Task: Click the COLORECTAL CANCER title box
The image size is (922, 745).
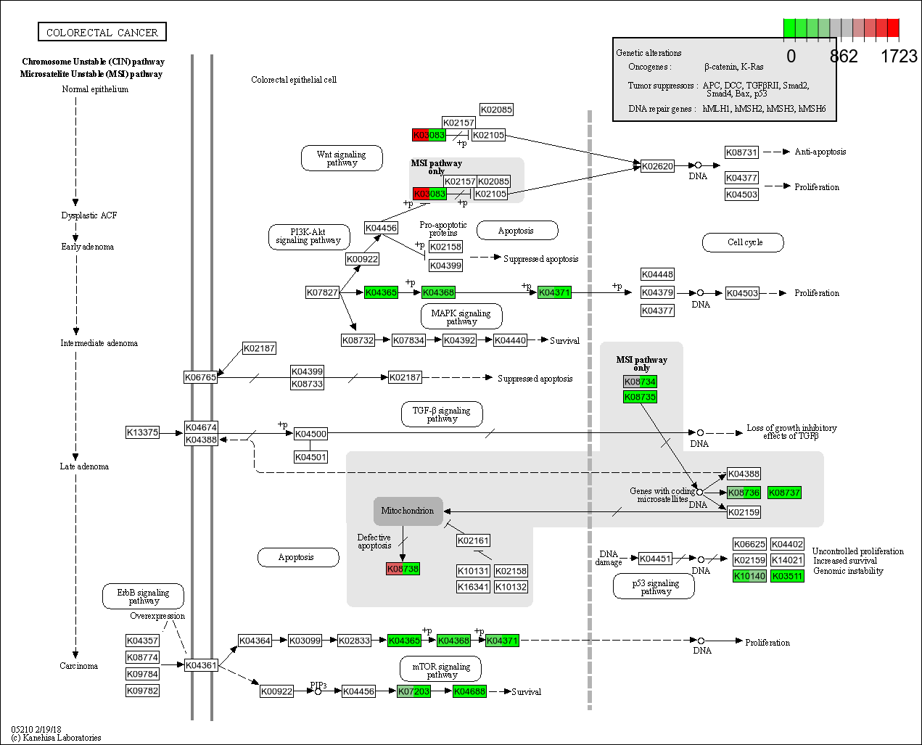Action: (x=102, y=32)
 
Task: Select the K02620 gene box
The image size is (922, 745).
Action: (x=657, y=166)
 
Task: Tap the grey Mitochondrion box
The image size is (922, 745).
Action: (x=408, y=511)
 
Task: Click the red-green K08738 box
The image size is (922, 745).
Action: (x=403, y=569)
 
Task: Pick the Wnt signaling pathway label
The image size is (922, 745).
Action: (x=342, y=158)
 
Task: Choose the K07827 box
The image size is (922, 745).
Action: (x=322, y=292)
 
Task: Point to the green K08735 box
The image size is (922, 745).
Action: (x=640, y=397)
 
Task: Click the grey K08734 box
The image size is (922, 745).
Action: (x=640, y=382)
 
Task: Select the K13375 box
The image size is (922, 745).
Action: (x=142, y=432)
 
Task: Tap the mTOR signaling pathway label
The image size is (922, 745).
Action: (x=441, y=670)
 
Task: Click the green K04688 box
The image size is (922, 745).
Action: (x=469, y=691)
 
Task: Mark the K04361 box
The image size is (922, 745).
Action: (x=201, y=665)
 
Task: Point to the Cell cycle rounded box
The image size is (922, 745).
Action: (x=744, y=242)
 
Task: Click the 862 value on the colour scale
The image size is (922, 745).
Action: (x=844, y=57)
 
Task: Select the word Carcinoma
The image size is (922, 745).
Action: (x=78, y=666)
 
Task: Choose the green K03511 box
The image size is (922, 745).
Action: (x=787, y=576)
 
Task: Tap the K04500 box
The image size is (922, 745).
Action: (x=310, y=434)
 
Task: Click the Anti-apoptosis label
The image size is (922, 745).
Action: (x=820, y=152)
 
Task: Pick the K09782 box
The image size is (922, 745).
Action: (x=142, y=691)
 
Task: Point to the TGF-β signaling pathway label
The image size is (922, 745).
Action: (x=442, y=414)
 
